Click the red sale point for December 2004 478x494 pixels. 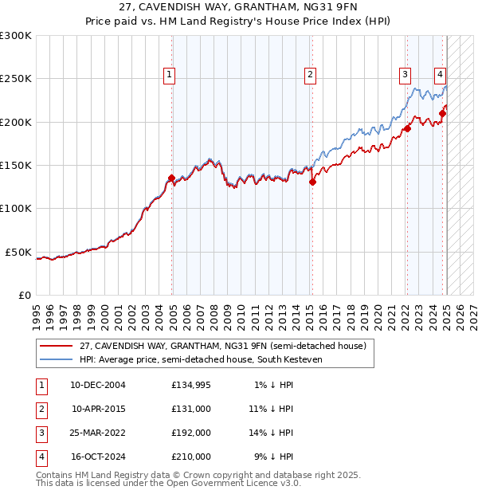(x=172, y=178)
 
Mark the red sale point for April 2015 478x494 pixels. (x=312, y=182)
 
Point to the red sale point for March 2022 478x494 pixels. (x=407, y=128)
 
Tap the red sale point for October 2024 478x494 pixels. (x=443, y=113)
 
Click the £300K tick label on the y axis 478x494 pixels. (x=16, y=36)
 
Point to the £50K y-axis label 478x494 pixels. (x=18, y=252)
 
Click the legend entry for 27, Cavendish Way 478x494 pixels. (x=222, y=346)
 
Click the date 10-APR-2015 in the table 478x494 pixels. (x=99, y=409)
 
